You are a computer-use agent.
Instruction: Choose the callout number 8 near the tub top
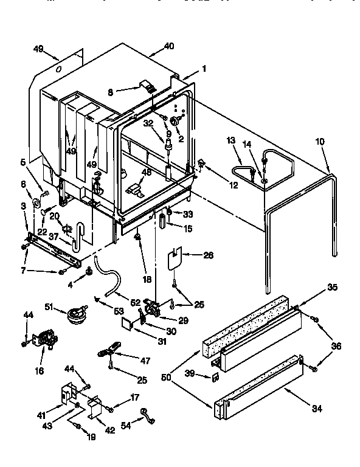pyautogui.click(x=109, y=92)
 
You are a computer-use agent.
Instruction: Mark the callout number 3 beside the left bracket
pyautogui.click(x=24, y=207)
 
